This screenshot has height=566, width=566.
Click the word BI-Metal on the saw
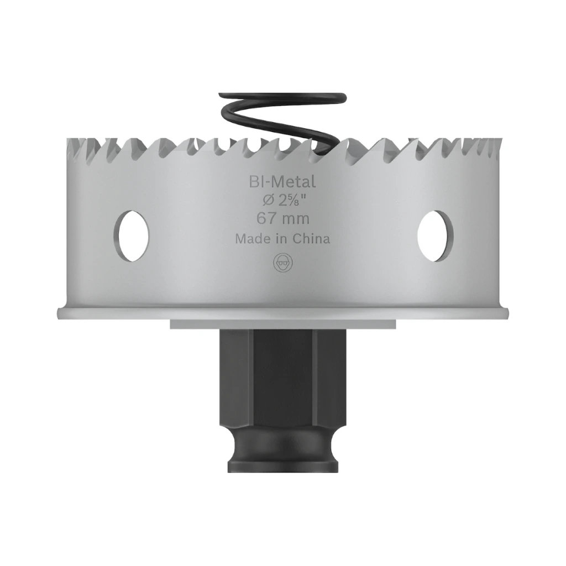pos(282,181)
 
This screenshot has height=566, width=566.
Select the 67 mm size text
pos(282,218)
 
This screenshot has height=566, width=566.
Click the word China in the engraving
pos(311,239)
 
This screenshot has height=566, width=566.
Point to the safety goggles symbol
pos(283,263)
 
